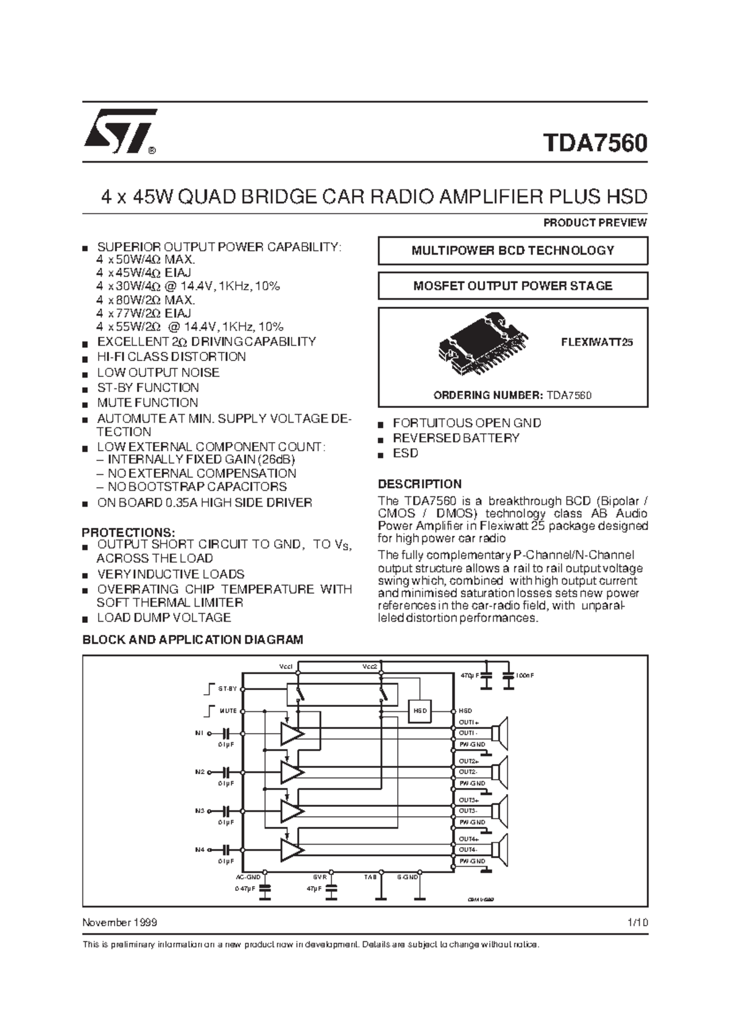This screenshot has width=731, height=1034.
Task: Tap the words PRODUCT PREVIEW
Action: point(595,223)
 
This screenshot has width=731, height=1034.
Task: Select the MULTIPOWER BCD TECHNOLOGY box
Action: point(512,251)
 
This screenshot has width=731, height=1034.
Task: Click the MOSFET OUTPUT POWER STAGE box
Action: point(512,286)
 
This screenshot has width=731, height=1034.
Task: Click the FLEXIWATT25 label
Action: point(596,342)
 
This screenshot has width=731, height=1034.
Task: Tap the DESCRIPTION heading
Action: point(420,484)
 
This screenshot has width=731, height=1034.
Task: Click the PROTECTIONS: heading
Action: point(129,532)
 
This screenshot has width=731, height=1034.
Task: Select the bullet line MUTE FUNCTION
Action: point(147,403)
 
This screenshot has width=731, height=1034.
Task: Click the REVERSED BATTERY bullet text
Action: point(456,438)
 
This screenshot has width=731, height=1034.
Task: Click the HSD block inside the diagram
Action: point(420,711)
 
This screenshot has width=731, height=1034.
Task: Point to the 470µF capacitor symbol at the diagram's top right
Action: point(486,676)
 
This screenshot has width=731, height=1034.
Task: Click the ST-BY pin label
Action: point(227,689)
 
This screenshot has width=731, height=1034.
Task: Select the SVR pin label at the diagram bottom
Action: point(320,877)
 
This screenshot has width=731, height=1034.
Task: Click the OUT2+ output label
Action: point(468,761)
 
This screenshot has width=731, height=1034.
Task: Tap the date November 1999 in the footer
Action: point(119,923)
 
